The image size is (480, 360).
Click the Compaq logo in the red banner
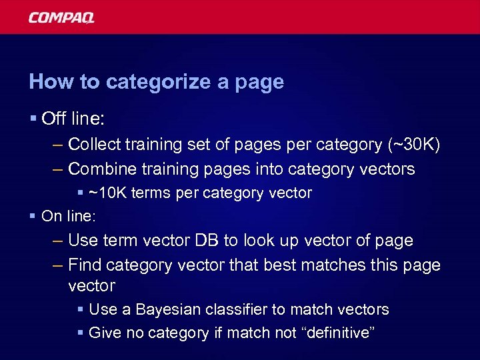pyautogui.click(x=61, y=17)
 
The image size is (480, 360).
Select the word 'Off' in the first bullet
pyautogui.click(x=53, y=119)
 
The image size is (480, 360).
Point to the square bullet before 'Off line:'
pyautogui.click(x=33, y=120)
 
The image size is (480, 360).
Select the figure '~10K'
pyautogui.click(x=108, y=193)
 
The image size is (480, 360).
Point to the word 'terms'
pyautogui.click(x=150, y=193)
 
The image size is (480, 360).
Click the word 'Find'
pyautogui.click(x=84, y=265)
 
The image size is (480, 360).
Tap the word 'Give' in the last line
pyautogui.click(x=103, y=333)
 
